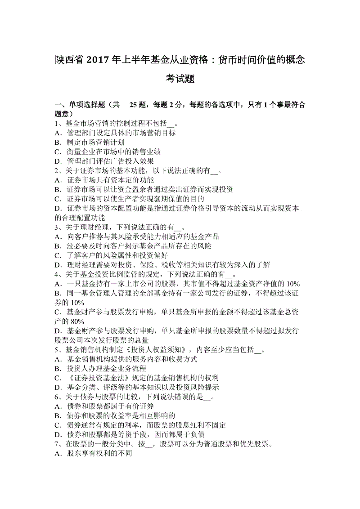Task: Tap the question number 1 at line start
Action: [x=56, y=124]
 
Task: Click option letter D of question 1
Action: [x=57, y=161]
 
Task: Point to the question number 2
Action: [x=56, y=170]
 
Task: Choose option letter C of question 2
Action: [x=57, y=199]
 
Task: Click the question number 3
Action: [x=56, y=227]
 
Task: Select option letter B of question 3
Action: [x=57, y=246]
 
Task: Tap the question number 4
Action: [x=56, y=274]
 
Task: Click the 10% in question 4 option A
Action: [x=293, y=284]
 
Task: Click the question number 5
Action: [x=56, y=350]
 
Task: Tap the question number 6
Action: [x=56, y=397]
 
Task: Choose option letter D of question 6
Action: [x=57, y=435]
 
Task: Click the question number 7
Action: [x=56, y=444]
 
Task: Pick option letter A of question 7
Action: [x=57, y=454]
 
